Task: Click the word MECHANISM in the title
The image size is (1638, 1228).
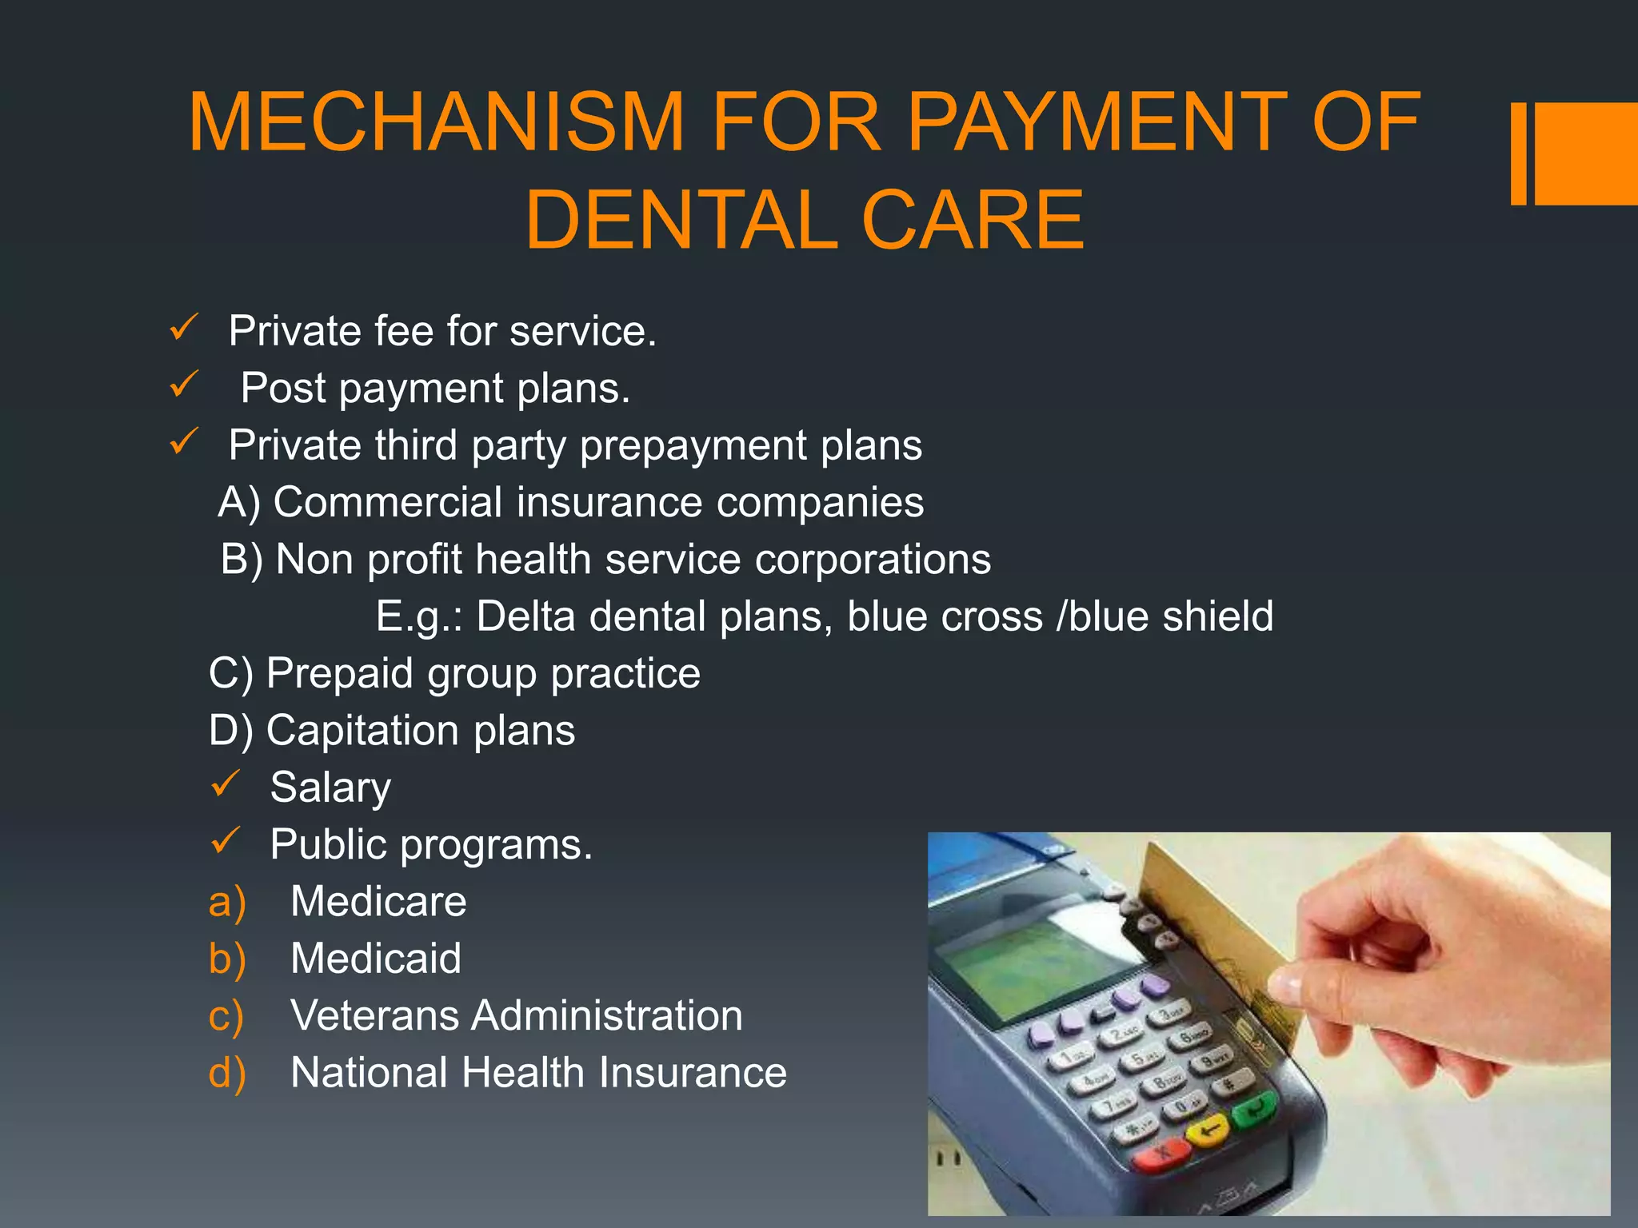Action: coord(437,122)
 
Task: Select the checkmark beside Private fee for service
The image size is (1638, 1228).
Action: coord(184,327)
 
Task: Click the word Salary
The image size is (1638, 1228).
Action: coord(330,787)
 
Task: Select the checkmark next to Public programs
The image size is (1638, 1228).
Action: coord(226,840)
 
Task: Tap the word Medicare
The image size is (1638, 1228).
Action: coord(378,902)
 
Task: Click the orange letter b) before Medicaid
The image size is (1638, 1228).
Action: coord(226,959)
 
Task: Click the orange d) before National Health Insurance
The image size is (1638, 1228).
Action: coord(226,1073)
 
